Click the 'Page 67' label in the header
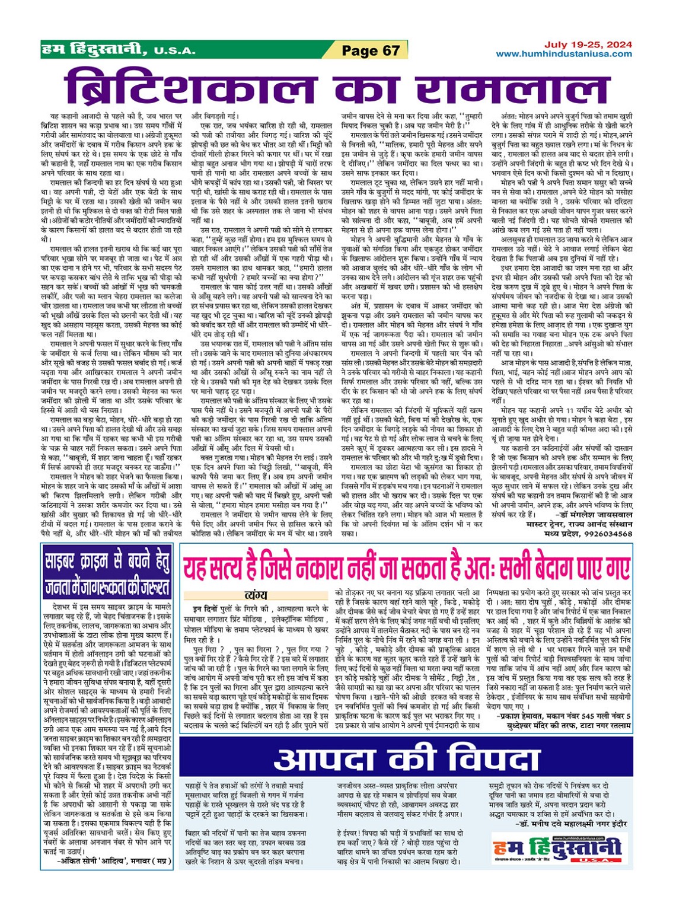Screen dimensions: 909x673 [371, 50]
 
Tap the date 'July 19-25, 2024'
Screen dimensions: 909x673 [588, 44]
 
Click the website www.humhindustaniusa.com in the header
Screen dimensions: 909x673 [563, 54]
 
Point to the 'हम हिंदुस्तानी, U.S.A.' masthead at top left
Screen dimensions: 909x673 [119, 50]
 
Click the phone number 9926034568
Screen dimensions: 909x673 [608, 533]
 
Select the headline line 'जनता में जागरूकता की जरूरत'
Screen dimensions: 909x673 [107, 586]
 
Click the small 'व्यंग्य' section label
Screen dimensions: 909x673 [256, 595]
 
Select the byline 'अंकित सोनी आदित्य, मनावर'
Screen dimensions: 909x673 [113, 860]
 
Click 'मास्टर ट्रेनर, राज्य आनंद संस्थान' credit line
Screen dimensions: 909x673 [579, 524]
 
